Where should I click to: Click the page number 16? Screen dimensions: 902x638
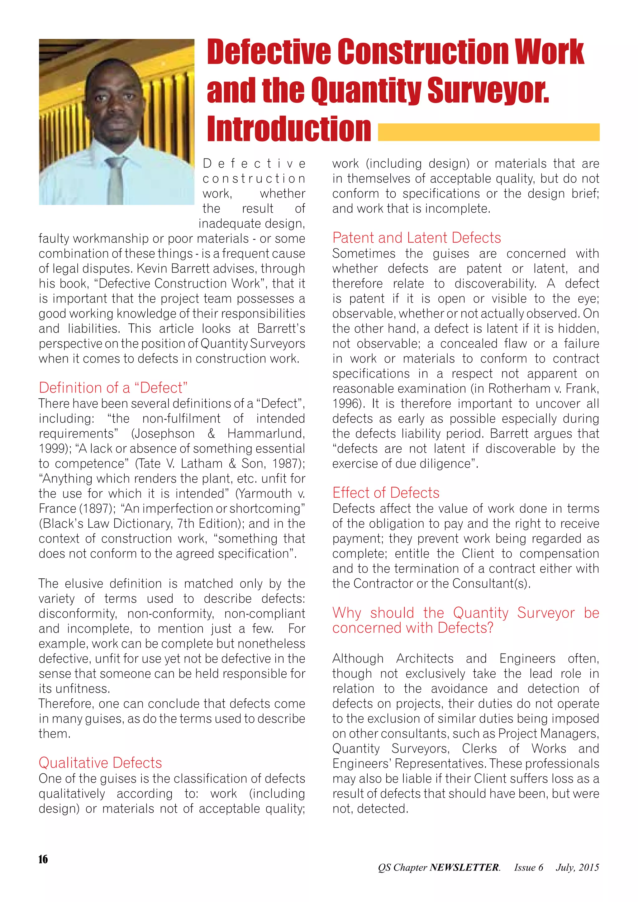[43, 859]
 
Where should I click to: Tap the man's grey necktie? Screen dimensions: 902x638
[116, 181]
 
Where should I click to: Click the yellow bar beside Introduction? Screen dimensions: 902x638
[488, 132]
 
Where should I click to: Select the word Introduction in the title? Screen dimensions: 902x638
[289, 129]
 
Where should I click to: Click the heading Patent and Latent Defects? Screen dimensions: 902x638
[417, 238]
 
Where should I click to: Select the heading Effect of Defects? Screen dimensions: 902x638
[386, 493]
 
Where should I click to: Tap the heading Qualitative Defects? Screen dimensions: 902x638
[100, 762]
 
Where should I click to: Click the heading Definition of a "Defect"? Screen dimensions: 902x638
[113, 388]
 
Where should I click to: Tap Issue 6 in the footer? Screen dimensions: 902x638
[528, 867]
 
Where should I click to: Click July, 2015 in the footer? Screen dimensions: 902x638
[577, 867]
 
